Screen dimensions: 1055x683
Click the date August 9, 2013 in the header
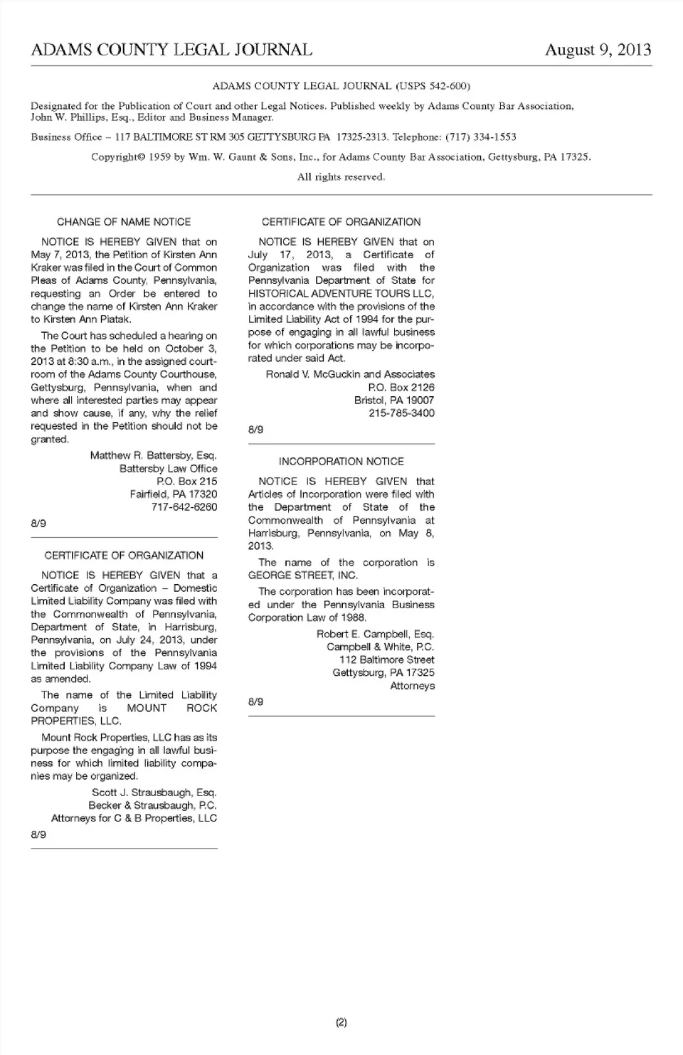(x=598, y=50)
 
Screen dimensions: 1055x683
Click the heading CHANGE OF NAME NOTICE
(x=124, y=222)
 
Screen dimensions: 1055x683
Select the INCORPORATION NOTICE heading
(x=341, y=462)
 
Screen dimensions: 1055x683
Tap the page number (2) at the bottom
(x=341, y=1023)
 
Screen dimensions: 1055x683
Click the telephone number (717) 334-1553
(x=481, y=137)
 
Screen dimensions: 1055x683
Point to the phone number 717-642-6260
(x=184, y=507)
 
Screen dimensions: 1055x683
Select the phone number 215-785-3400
(x=401, y=413)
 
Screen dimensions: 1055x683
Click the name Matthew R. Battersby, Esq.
(x=153, y=455)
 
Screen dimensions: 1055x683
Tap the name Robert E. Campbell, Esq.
(x=375, y=634)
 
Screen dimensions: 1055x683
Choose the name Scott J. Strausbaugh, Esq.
(x=154, y=792)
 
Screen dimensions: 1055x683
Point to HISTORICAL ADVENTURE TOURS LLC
(x=341, y=293)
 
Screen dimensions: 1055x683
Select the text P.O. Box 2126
(x=401, y=388)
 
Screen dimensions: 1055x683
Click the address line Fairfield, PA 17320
(x=174, y=494)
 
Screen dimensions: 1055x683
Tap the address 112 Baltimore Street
(x=386, y=660)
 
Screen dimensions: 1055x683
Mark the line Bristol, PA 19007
(x=394, y=401)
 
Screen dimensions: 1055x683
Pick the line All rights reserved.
(x=341, y=177)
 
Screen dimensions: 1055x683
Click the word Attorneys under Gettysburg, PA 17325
(x=412, y=686)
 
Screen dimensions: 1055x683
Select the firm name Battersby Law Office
(x=168, y=469)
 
